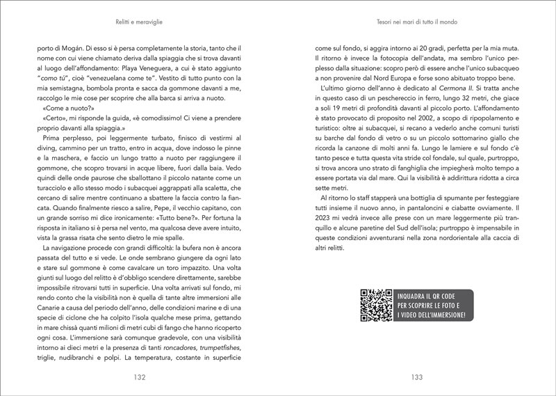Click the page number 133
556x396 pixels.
416,377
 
